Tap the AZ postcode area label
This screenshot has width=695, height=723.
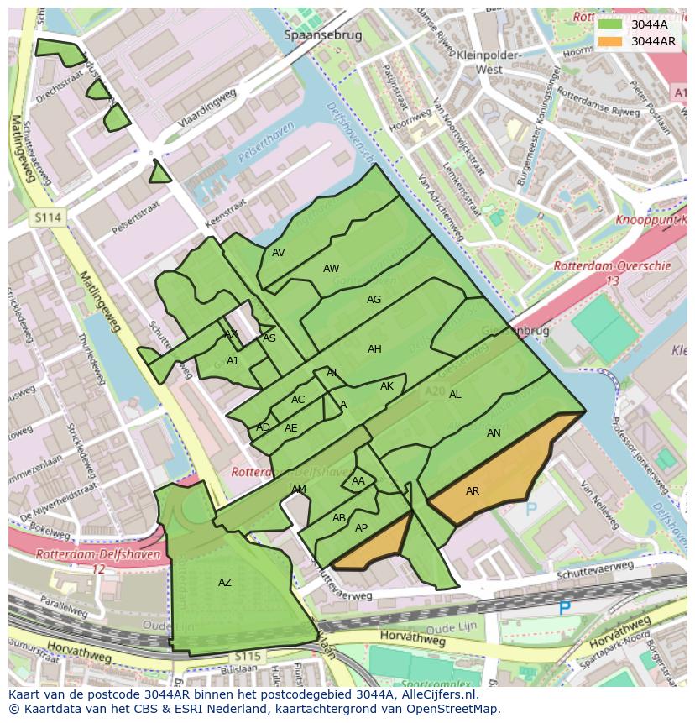[224, 583]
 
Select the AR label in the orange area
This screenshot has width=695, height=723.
[473, 491]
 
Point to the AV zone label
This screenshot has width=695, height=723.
[279, 253]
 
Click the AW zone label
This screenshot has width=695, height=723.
[331, 269]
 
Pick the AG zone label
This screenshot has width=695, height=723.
[374, 300]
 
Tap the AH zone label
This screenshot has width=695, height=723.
[374, 349]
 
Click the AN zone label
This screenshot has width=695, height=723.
[494, 433]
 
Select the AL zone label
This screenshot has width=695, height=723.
[455, 395]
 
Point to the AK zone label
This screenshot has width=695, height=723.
[386, 386]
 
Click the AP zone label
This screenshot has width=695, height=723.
[361, 528]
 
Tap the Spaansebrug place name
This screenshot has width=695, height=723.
[322, 36]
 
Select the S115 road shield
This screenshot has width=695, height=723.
[247, 656]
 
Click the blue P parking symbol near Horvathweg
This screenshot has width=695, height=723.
[564, 608]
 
